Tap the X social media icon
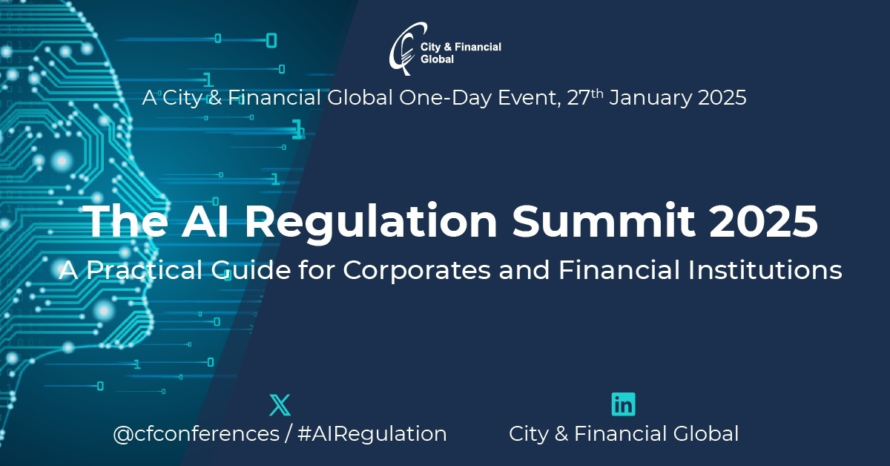[x=280, y=404]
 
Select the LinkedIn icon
[x=624, y=404]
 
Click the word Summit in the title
[x=604, y=220]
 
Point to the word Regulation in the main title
[x=371, y=223]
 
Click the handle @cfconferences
[x=197, y=433]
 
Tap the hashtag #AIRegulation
[x=372, y=434]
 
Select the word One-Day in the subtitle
[x=446, y=98]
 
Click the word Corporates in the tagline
[x=417, y=271]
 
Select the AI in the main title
[x=205, y=220]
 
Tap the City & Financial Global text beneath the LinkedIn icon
[x=624, y=434]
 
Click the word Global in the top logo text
[x=437, y=59]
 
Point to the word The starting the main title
[x=127, y=220]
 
